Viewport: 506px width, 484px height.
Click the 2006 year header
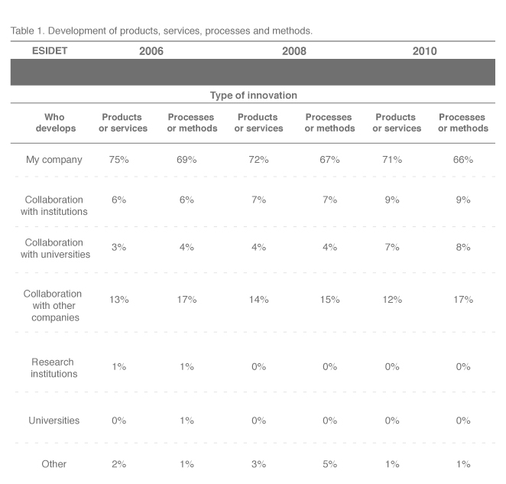(x=151, y=51)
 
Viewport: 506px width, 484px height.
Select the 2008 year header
(x=294, y=51)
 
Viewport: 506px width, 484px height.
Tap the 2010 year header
(x=424, y=51)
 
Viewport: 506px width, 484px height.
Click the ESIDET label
(x=50, y=50)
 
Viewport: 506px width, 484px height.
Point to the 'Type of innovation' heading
(x=253, y=96)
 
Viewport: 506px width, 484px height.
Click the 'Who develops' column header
(x=56, y=122)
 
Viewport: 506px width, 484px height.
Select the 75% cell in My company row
(x=118, y=160)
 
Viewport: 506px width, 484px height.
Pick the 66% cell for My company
(x=463, y=160)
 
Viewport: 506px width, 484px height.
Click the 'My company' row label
(x=54, y=160)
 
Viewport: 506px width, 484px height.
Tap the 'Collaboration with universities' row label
(x=55, y=248)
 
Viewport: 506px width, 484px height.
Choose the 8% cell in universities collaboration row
(x=463, y=247)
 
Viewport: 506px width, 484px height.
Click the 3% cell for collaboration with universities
(x=118, y=247)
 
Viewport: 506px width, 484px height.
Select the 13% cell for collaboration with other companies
(x=118, y=300)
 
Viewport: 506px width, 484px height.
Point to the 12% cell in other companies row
(x=392, y=300)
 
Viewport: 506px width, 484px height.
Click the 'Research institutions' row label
(x=54, y=368)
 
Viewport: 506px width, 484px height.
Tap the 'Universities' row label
(x=54, y=421)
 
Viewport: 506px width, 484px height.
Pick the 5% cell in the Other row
(x=329, y=464)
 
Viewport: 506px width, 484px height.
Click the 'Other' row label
(x=54, y=464)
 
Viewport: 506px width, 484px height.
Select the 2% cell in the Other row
(x=118, y=464)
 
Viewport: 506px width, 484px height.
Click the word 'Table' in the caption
(x=22, y=31)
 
